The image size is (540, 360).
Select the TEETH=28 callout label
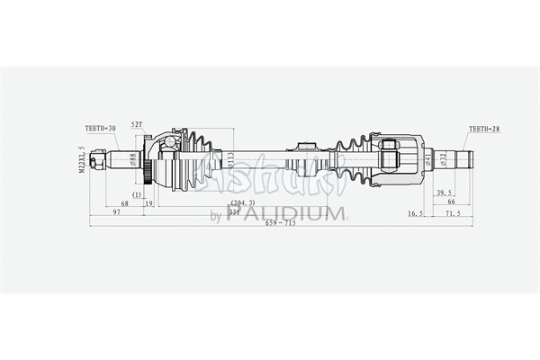click(x=483, y=129)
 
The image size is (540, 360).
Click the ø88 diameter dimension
click(x=133, y=162)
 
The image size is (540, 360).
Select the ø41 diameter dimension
click(x=427, y=163)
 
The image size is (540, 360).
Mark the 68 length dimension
click(x=124, y=204)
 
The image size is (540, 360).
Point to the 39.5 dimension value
click(x=443, y=193)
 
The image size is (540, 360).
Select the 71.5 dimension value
click(x=453, y=214)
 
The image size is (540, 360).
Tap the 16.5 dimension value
click(x=415, y=214)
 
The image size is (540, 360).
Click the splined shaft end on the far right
click(x=464, y=160)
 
